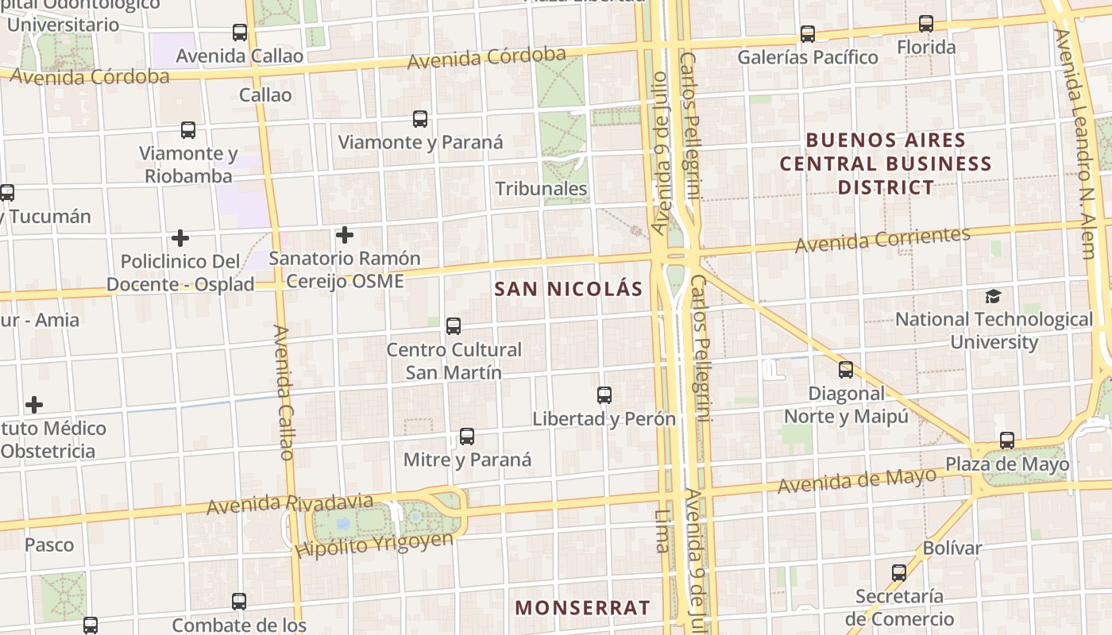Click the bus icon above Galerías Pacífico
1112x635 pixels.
[x=808, y=34]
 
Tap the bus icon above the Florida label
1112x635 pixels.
[x=926, y=24]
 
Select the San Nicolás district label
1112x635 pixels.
[x=568, y=289]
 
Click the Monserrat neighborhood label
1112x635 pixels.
[x=582, y=608]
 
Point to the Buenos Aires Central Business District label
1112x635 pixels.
[x=886, y=164]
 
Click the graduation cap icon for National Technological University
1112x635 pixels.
[x=993, y=297]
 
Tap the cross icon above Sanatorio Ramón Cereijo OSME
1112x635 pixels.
[x=345, y=235]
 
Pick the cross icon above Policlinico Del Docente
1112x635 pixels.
[x=180, y=238]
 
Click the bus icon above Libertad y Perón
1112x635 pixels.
[x=604, y=395]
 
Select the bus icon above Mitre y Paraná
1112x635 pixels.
[x=467, y=437]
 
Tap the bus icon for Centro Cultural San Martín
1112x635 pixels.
[x=454, y=326]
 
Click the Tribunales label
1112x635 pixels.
[x=541, y=189]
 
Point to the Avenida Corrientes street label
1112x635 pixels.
[x=882, y=239]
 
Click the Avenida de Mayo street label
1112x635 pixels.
[x=857, y=480]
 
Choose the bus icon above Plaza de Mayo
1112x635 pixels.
[x=1007, y=441]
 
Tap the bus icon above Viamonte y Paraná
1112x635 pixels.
[x=420, y=120]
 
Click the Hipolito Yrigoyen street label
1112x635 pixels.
[x=373, y=545]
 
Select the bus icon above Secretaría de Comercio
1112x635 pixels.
[x=899, y=572]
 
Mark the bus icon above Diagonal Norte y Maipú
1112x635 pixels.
[x=846, y=370]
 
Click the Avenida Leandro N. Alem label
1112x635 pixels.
[x=1077, y=143]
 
